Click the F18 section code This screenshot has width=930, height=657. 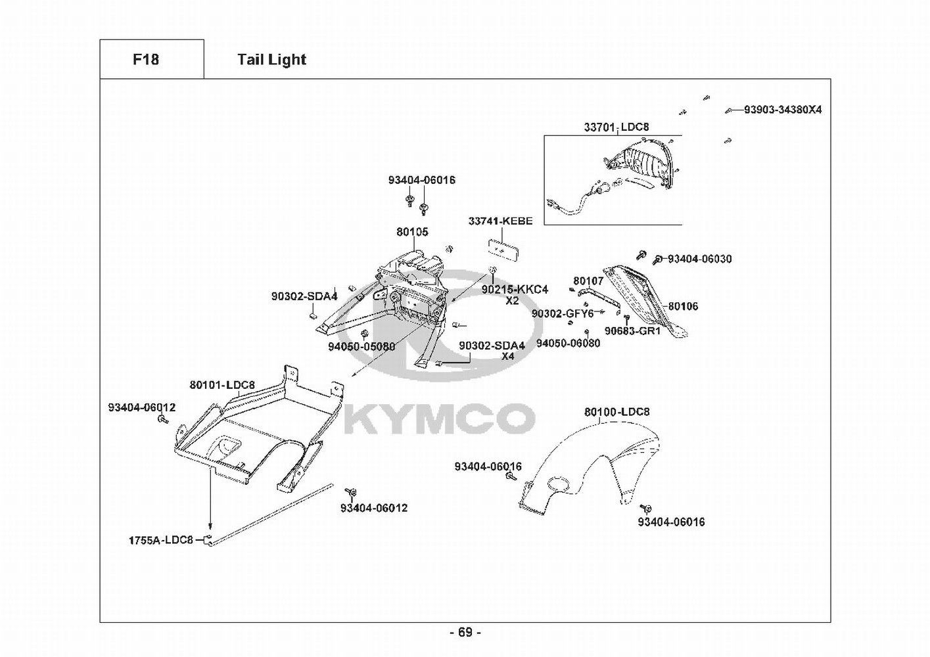[x=146, y=60]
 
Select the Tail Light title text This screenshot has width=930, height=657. [x=272, y=60]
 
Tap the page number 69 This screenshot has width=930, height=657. [x=465, y=633]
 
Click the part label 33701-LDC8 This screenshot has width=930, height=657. [x=616, y=127]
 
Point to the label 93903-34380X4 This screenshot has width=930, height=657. [x=783, y=110]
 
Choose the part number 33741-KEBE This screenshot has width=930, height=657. [x=501, y=221]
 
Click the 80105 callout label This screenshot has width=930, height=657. [x=412, y=232]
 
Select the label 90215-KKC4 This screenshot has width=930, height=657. [x=515, y=289]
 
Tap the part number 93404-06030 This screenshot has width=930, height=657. [x=699, y=259]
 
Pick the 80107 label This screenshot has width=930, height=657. [x=588, y=281]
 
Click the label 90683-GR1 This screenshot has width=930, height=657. [x=632, y=331]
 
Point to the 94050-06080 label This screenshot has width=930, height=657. [x=569, y=343]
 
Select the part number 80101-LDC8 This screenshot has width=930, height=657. [x=222, y=385]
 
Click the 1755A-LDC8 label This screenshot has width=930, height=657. [x=161, y=540]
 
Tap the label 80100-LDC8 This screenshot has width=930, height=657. [x=617, y=412]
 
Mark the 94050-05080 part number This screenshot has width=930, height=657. [x=361, y=346]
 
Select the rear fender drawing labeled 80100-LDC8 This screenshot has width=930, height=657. [x=589, y=468]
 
